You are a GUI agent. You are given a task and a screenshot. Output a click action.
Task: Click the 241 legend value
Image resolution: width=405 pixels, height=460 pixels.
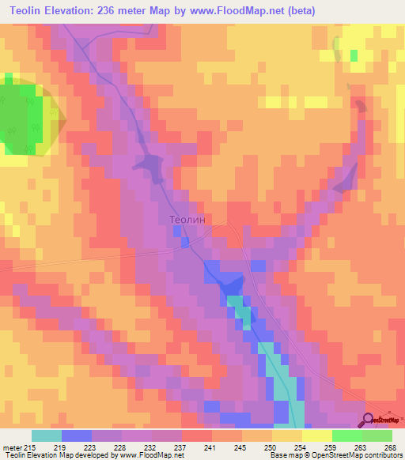[x=210, y=447]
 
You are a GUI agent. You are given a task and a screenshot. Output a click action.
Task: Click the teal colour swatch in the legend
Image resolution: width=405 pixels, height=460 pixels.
[x=47, y=435]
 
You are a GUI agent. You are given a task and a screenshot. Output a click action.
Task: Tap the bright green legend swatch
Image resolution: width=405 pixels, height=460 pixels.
[x=347, y=435]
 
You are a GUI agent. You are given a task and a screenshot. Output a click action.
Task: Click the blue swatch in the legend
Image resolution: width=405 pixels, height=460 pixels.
[x=77, y=435]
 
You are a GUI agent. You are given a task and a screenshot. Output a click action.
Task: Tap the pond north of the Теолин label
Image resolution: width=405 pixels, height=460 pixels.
[x=148, y=165]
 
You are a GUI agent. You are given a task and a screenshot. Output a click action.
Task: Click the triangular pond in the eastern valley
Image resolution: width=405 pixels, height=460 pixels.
[x=346, y=180]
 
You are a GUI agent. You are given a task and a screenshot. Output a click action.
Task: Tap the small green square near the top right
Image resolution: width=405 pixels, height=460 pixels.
[x=354, y=55]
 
